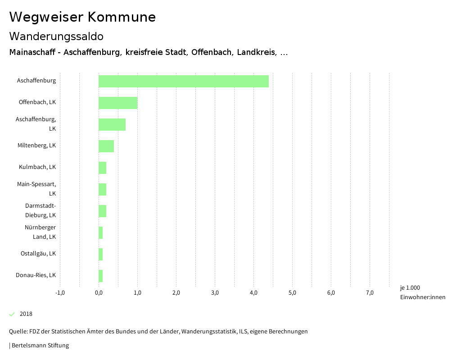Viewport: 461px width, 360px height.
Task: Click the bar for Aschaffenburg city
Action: [x=184, y=81]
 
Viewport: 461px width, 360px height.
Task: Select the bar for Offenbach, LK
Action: [x=118, y=103]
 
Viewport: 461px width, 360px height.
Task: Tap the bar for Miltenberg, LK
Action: [x=106, y=146]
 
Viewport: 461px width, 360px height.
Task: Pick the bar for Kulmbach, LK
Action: [x=103, y=168]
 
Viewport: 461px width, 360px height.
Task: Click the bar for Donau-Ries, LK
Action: [x=101, y=276]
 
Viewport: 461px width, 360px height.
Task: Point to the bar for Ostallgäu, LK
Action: [x=101, y=254]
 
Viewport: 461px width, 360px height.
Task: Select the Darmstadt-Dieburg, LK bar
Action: [x=103, y=211]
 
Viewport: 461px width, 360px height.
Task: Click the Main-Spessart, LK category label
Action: [x=37, y=189]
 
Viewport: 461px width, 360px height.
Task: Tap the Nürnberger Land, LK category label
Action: [x=41, y=232]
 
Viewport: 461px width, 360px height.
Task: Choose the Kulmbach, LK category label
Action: [x=37, y=167]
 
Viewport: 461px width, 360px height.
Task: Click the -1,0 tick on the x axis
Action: [x=60, y=293]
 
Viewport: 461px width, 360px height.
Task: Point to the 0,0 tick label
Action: [x=99, y=293]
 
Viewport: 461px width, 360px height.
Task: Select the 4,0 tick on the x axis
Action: [x=253, y=293]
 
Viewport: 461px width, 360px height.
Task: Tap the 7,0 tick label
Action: [x=370, y=293]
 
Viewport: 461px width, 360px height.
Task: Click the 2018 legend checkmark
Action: [x=12, y=314]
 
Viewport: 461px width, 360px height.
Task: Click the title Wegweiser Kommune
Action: [x=82, y=17]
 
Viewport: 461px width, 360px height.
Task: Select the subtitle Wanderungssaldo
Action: [x=56, y=36]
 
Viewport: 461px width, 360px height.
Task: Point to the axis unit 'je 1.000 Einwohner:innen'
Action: [x=422, y=292]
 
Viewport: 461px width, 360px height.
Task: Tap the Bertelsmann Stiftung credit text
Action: [x=40, y=346]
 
